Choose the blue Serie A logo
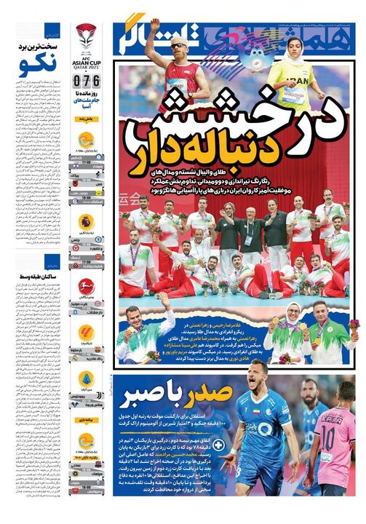coord(86,378)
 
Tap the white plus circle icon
coord(217,445)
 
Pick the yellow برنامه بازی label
coord(86,420)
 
